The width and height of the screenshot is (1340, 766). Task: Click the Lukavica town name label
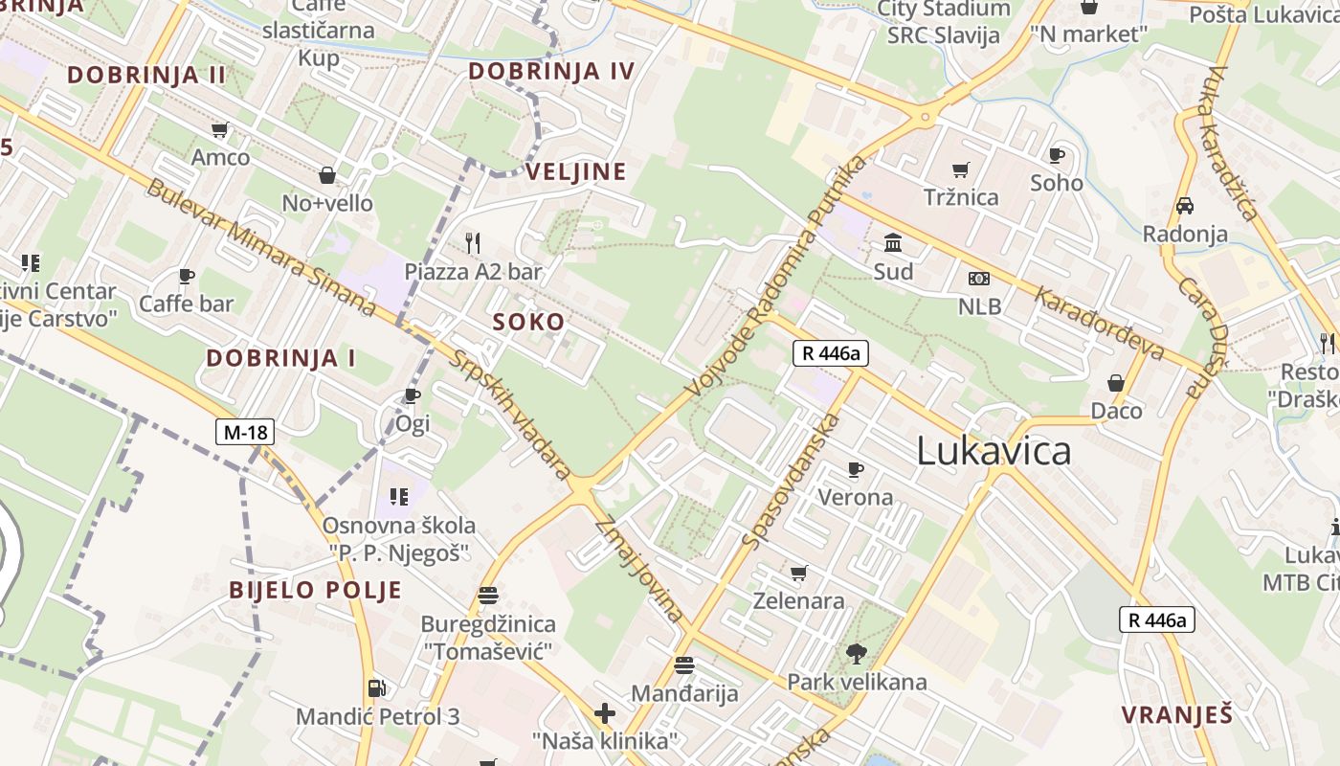pos(994,451)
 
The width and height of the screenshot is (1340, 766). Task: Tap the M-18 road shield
pos(245,433)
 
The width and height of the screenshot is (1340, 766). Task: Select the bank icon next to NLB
pos(978,279)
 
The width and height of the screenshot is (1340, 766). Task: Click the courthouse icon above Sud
pos(893,242)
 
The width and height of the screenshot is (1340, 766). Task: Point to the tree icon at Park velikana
pos(856,654)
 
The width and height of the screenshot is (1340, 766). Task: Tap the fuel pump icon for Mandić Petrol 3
pos(377,687)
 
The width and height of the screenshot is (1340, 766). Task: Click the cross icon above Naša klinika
pos(605,713)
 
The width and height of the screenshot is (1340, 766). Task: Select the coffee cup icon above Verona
pos(856,469)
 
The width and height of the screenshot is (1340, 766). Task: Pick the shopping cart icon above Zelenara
pos(798,573)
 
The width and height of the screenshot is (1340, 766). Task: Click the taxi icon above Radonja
pos(1184,206)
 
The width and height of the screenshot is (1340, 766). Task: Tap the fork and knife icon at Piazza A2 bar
pos(472,242)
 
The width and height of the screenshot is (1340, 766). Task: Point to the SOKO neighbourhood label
pos(528,323)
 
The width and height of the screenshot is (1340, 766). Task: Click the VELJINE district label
pos(576,172)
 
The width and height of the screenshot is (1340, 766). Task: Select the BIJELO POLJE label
pos(315,590)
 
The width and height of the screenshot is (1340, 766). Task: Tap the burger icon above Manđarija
pos(683,665)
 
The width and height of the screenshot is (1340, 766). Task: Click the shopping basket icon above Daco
pos(1116,383)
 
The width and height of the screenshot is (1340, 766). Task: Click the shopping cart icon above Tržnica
pos(960,169)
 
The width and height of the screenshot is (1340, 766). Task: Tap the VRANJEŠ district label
pos(1176,714)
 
